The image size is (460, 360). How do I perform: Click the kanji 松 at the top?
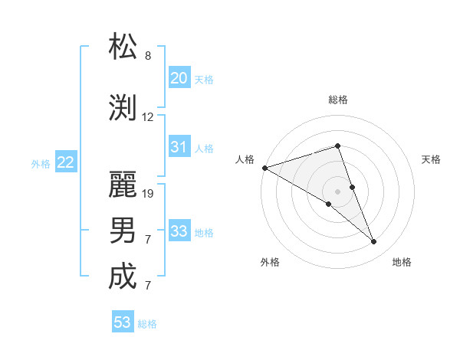[x=123, y=47]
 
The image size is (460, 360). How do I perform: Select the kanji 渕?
[x=123, y=107]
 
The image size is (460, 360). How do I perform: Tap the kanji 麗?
[x=123, y=184]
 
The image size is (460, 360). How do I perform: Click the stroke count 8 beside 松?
[x=148, y=56]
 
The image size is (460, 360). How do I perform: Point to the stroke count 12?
[x=148, y=117]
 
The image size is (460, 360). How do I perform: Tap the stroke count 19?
[x=148, y=194]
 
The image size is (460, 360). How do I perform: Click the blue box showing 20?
[x=179, y=78]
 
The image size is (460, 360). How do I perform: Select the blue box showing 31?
[x=179, y=147]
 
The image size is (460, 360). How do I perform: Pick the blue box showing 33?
[x=179, y=231]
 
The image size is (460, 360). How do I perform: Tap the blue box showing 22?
[x=66, y=162]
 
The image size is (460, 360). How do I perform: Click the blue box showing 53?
[x=123, y=322]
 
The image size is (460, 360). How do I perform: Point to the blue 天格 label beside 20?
[x=204, y=79]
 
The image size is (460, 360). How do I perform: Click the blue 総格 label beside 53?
[x=147, y=324]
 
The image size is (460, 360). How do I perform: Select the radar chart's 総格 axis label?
[x=338, y=100]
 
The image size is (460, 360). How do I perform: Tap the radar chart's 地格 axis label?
[x=402, y=262]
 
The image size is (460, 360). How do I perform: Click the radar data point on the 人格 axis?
[x=264, y=167]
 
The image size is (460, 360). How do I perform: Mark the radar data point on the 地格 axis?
[x=374, y=242]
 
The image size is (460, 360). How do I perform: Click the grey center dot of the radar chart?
[x=337, y=191]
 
